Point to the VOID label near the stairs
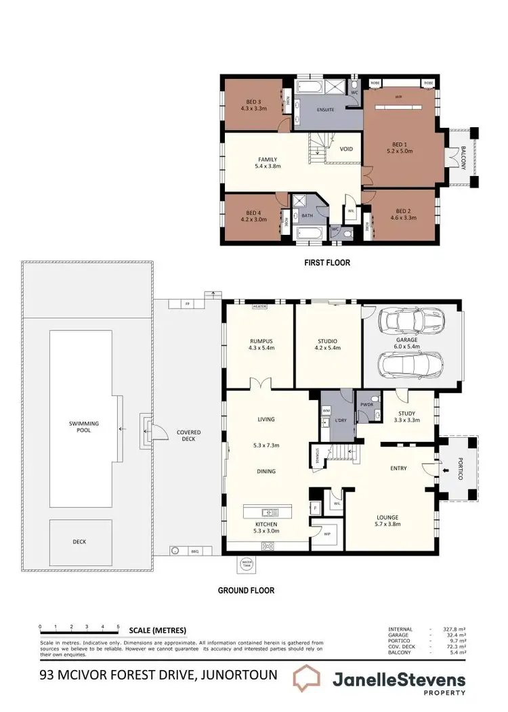pos(346,149)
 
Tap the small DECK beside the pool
pos(81,541)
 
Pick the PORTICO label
pos(460,468)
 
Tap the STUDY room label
pos(407,414)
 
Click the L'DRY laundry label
pos(341,421)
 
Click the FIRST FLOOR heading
pos(327,262)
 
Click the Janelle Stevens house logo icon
pos(310,681)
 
